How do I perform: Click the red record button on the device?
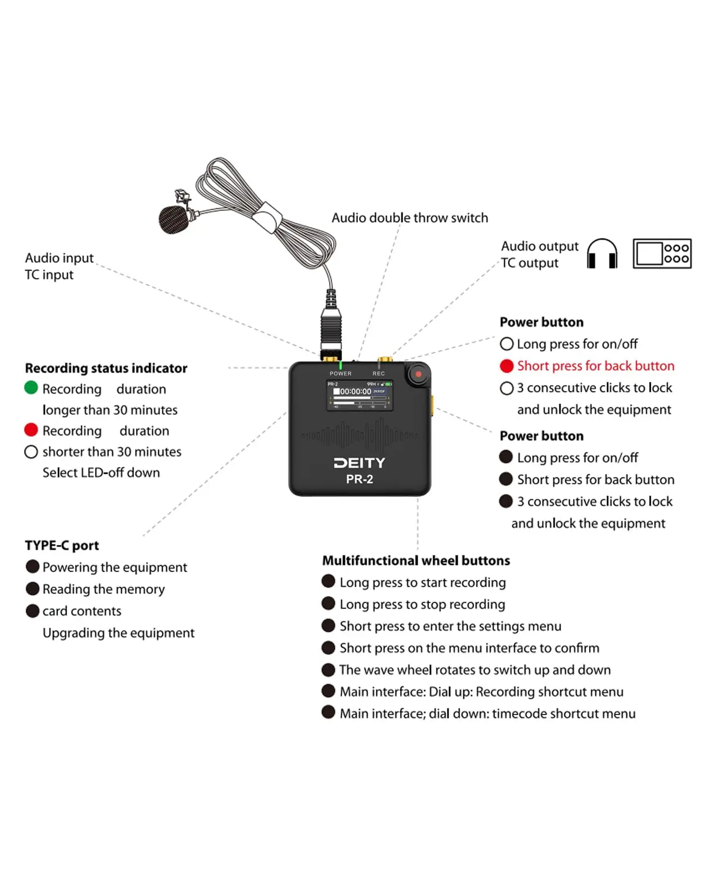[418, 374]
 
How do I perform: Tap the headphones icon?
[602, 253]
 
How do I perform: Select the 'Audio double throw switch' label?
[409, 218]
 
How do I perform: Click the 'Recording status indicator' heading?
[106, 368]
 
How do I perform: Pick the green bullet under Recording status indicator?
[31, 388]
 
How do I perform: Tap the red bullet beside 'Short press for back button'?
[507, 366]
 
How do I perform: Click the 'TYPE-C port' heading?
[62, 546]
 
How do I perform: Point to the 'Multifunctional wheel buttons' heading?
[416, 561]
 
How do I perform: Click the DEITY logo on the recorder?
[360, 463]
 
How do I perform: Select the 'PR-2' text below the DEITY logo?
[360, 479]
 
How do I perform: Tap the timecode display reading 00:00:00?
[356, 391]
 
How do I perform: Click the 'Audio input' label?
[59, 258]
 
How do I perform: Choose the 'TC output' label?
[530, 263]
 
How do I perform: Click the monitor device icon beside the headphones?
[662, 253]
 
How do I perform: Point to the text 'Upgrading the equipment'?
[119, 633]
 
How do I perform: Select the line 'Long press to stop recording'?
[422, 604]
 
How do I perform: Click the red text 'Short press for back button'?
[595, 366]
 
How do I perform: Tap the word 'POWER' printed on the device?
[340, 374]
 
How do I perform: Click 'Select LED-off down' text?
[101, 473]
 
